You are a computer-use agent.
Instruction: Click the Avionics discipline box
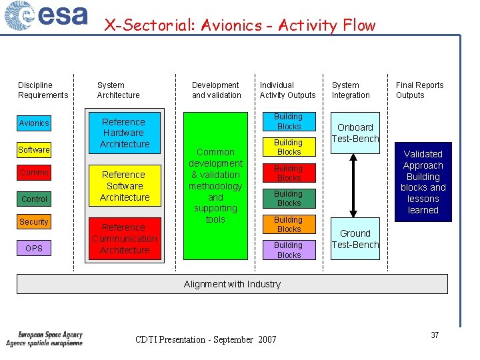[34, 123]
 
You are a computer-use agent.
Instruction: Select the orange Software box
[34, 149]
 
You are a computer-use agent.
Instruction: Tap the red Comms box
[34, 173]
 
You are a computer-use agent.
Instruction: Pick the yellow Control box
[34, 199]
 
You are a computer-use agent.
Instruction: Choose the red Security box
[34, 222]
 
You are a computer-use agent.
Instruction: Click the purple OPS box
[34, 248]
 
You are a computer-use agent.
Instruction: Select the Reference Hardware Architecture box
[124, 133]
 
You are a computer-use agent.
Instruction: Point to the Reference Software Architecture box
[124, 186]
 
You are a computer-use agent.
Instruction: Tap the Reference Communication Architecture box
[124, 239]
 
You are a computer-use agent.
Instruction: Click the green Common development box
[215, 185]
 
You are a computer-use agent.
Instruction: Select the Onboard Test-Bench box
[355, 133]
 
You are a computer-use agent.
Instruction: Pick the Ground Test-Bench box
[355, 239]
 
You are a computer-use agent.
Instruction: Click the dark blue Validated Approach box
[423, 182]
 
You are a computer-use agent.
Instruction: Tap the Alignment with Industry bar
[232, 284]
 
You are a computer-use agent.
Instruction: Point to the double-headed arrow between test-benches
[355, 185]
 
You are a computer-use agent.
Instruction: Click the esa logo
[46, 16]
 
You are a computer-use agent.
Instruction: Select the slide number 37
[435, 335]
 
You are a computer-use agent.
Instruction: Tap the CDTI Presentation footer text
[205, 340]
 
